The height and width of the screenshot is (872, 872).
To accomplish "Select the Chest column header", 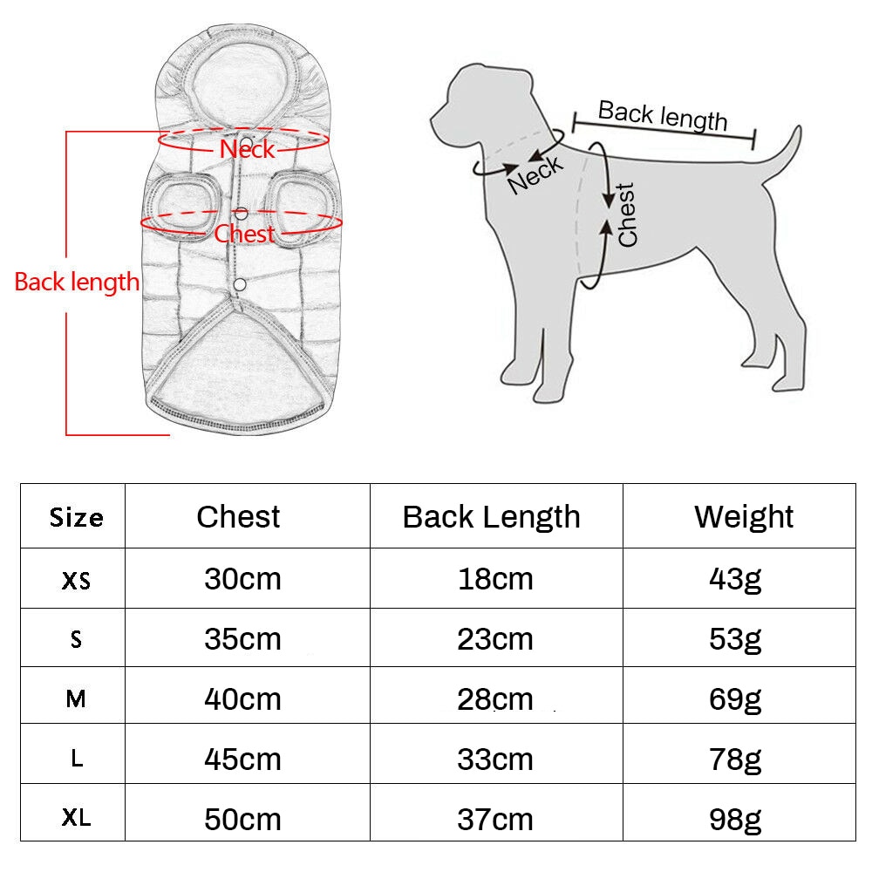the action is [238, 516].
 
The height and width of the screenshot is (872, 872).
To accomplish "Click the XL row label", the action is [76, 818].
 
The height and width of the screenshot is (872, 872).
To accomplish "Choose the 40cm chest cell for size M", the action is [242, 699].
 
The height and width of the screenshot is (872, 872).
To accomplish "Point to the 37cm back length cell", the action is [495, 819].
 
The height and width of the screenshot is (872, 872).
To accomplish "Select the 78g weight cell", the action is [734, 760].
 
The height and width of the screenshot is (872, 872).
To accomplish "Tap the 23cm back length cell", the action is [495, 639].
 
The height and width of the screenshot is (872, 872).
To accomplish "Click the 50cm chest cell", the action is [242, 819].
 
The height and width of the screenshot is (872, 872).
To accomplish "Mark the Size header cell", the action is [76, 518].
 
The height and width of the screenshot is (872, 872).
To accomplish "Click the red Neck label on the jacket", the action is [247, 148].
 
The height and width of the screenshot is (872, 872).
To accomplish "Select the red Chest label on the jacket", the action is [244, 234].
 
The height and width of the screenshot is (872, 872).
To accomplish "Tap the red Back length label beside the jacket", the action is [76, 282].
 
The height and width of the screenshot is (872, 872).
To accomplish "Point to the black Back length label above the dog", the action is [663, 116].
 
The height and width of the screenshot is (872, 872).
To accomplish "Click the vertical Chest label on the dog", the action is [627, 215].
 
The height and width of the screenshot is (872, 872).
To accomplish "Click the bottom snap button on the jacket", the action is [240, 285].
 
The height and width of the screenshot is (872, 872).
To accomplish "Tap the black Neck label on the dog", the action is [535, 174].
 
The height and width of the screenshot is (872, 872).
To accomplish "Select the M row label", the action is [76, 698].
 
